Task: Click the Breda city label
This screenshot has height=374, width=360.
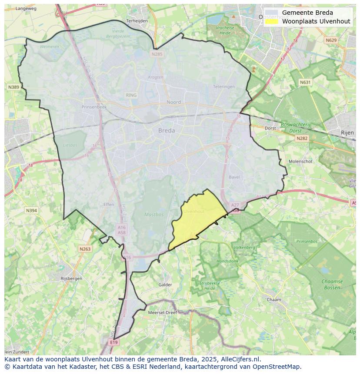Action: [x=167, y=130]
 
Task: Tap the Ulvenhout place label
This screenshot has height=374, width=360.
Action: [x=194, y=211]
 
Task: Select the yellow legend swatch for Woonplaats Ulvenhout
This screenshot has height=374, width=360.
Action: [x=271, y=21]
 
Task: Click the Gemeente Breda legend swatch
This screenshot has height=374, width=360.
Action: [x=271, y=13]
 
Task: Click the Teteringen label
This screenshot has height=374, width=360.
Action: [x=224, y=86]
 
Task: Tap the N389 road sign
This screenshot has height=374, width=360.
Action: [x=13, y=87]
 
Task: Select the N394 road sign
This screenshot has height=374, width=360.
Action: [x=31, y=211]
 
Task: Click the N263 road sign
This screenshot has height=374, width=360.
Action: [x=85, y=249]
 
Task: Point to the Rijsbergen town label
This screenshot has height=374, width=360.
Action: [x=71, y=278]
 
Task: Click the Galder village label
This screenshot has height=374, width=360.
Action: [x=165, y=285]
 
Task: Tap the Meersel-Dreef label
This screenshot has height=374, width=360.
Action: [x=162, y=312]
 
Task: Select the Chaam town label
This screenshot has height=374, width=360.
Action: [x=274, y=300]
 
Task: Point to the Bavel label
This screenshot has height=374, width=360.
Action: [x=234, y=177]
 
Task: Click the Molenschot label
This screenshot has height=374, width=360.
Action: [x=300, y=161]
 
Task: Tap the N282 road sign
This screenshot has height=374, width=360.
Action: [x=301, y=138]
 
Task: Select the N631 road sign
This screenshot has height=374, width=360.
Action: [x=306, y=82]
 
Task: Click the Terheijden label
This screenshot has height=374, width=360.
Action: [x=137, y=20]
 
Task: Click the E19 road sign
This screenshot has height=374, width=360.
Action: [x=114, y=342]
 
